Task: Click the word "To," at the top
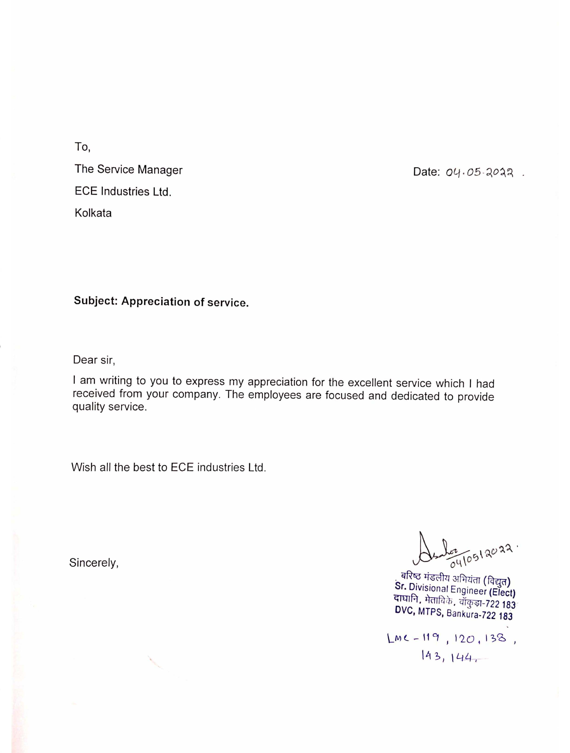click(82, 147)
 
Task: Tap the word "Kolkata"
click(93, 213)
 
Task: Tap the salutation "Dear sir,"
click(94, 360)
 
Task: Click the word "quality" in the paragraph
click(89, 407)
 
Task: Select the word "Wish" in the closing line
click(83, 467)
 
